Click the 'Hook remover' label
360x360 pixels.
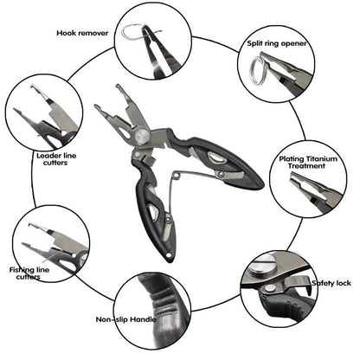pos(82,33)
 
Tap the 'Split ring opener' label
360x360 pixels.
pos(277,43)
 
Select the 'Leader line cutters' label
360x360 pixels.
pos(56,159)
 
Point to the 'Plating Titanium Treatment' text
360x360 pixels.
pos(308,163)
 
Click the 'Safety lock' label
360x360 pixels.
pos(331,283)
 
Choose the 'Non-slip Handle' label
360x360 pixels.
pos(125,319)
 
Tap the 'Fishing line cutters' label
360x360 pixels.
pos(29,273)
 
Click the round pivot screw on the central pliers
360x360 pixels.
pos(142,137)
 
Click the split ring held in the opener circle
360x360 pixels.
pos(257,71)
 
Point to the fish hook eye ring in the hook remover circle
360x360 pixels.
pos(131,31)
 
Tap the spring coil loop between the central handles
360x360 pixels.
pos(177,176)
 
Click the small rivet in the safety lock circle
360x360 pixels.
pos(270,288)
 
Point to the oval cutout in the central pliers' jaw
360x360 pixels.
pos(125,132)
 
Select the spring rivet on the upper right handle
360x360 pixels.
pos(221,174)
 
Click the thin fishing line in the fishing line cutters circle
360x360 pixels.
pos(51,256)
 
